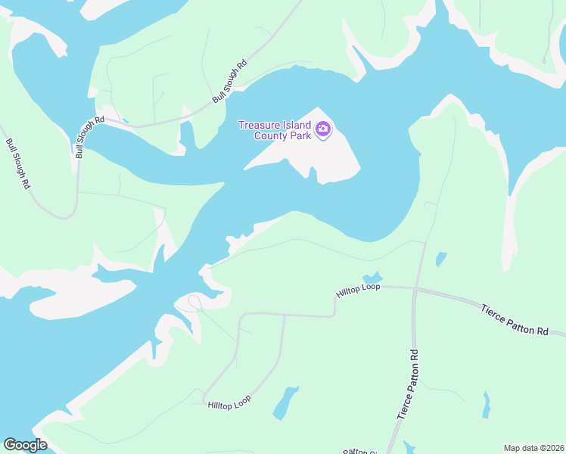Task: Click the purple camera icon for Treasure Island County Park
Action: point(323,130)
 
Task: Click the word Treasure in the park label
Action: point(259,125)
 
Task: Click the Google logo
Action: point(25,445)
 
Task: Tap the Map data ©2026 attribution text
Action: point(533,448)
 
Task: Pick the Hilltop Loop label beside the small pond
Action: point(358,289)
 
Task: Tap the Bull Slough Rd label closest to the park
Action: point(230,82)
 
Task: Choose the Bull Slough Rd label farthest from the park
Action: point(18,163)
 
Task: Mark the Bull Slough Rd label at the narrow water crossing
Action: point(89,137)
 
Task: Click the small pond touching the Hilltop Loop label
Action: point(372,278)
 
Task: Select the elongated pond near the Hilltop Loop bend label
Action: point(285,402)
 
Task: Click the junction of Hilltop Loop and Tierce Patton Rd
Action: point(415,288)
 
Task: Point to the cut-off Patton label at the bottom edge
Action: point(360,451)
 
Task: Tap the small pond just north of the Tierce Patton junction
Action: point(440,260)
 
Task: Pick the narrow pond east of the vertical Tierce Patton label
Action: point(487,404)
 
